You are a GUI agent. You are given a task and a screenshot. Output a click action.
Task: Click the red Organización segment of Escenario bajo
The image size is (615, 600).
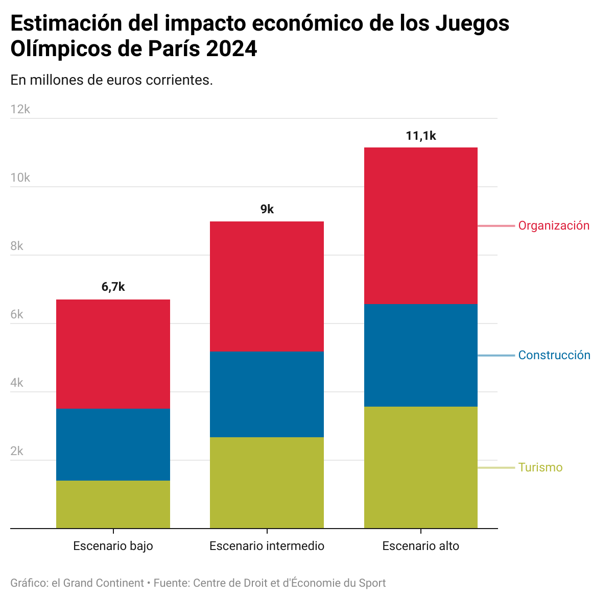click(x=113, y=354)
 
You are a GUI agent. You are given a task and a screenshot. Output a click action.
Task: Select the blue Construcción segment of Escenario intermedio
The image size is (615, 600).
click(x=267, y=394)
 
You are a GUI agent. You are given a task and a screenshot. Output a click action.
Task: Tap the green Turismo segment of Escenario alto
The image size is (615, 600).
click(x=420, y=467)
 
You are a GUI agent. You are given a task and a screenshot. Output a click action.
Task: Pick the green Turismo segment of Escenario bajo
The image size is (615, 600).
click(x=113, y=504)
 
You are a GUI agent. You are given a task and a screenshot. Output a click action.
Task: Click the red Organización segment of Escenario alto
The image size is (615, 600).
click(x=420, y=226)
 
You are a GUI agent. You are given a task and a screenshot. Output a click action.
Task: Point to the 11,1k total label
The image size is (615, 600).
click(x=421, y=136)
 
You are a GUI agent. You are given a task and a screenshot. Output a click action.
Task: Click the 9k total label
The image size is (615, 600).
click(x=267, y=209)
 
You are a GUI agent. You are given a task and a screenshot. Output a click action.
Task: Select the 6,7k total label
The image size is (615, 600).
click(x=113, y=287)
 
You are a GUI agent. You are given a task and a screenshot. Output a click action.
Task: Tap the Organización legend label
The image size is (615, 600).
click(x=554, y=226)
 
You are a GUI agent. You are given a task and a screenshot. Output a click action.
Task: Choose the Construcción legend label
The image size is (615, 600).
click(x=554, y=355)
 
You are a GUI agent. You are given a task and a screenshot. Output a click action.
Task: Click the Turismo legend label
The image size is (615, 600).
click(x=540, y=467)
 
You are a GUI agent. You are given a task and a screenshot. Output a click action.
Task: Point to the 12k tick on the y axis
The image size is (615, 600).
click(x=20, y=109)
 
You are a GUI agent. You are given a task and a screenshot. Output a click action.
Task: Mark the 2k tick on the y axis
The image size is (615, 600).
click(x=17, y=451)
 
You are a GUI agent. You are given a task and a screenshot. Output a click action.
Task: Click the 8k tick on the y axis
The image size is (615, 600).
click(x=17, y=246)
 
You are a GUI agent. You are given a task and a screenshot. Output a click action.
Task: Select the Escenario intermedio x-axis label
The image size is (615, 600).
click(x=267, y=546)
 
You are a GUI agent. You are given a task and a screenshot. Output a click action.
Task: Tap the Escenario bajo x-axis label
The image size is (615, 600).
click(x=113, y=546)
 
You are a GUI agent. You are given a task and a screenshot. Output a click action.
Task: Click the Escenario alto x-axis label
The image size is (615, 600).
click(x=420, y=546)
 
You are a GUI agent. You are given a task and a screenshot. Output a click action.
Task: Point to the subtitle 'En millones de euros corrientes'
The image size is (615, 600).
click(x=111, y=80)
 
